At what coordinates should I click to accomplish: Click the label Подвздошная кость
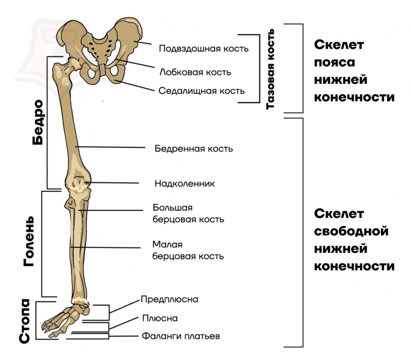pyautogui.click(x=203, y=49)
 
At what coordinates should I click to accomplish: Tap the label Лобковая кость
pyautogui.click(x=195, y=71)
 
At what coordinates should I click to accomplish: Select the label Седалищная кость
pyautogui.click(x=201, y=91)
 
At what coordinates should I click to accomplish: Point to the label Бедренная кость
pyautogui.click(x=193, y=148)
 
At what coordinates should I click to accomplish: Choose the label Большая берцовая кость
pyautogui.click(x=188, y=213)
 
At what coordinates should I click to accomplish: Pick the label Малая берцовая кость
pyautogui.click(x=188, y=251)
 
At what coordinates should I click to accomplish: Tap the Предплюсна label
pyautogui.click(x=169, y=299)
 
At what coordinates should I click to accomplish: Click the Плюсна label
pyautogui.click(x=159, y=318)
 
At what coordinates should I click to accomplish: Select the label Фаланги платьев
pyautogui.click(x=181, y=336)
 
